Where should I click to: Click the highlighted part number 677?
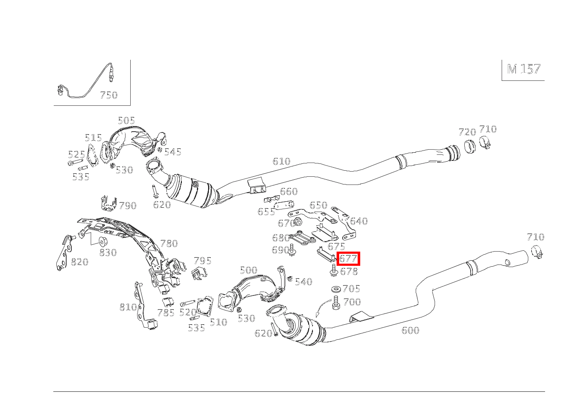(x=348, y=258)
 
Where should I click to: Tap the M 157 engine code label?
(x=524, y=69)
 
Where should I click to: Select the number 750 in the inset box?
(x=109, y=95)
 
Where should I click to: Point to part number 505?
(x=126, y=120)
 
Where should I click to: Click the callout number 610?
(x=281, y=161)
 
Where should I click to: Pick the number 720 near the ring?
(x=467, y=132)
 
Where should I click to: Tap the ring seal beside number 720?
(x=470, y=147)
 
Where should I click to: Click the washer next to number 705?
(x=337, y=289)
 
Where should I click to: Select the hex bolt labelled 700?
(x=336, y=303)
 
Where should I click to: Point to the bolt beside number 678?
(x=333, y=271)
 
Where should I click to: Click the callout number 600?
(x=410, y=330)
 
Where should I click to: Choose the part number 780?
(x=169, y=243)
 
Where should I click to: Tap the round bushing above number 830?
(x=103, y=241)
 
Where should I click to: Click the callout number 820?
(x=80, y=262)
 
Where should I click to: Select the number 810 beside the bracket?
(x=128, y=307)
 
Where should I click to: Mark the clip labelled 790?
(x=108, y=204)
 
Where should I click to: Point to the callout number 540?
(x=303, y=282)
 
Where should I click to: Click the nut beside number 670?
(x=298, y=222)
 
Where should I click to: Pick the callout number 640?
(x=359, y=221)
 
